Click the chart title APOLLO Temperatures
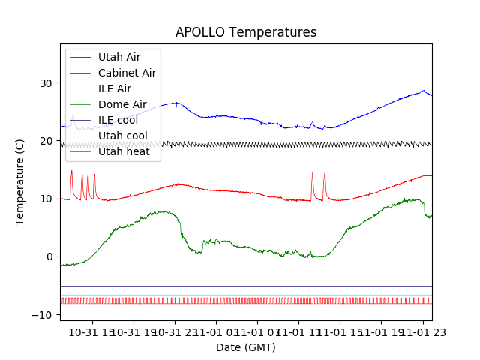246,33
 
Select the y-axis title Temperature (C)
20,182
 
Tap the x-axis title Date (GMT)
246,347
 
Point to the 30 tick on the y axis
49,83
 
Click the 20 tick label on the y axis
49,141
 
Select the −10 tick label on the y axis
46,315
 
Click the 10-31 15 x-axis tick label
94,331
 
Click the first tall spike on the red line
71,172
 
